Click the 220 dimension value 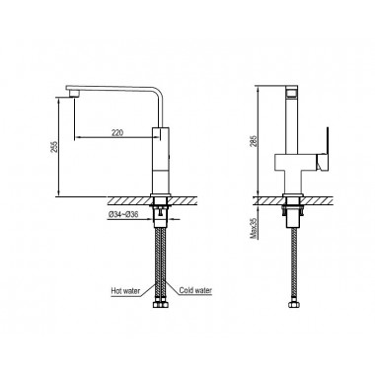point(117,132)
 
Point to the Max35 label point(254,230)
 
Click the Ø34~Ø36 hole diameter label point(123,214)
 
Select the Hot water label point(125,291)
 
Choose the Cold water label point(195,290)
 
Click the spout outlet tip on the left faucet point(75,94)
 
